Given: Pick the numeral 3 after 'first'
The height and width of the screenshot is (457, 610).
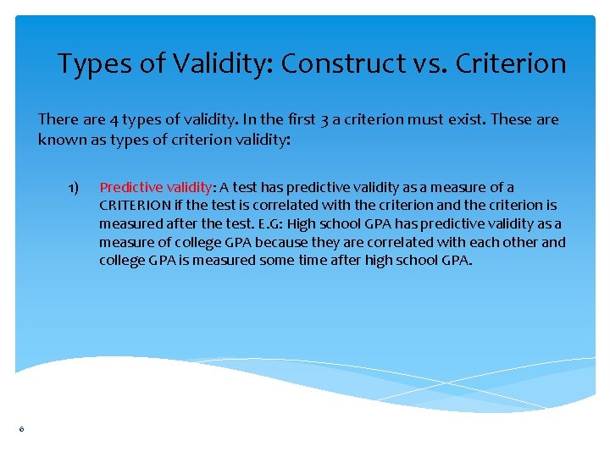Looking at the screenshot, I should pos(323,119).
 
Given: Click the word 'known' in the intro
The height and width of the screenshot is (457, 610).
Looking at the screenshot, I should pos(59,139).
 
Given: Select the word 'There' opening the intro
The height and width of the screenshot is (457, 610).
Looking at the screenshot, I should pos(58,119).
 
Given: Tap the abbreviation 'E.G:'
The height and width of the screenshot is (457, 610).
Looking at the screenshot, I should pos(269,223).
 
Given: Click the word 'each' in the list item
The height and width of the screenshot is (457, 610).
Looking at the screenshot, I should pos(474,242).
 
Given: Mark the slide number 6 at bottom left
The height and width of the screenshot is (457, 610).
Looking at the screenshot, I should pos(21,430).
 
